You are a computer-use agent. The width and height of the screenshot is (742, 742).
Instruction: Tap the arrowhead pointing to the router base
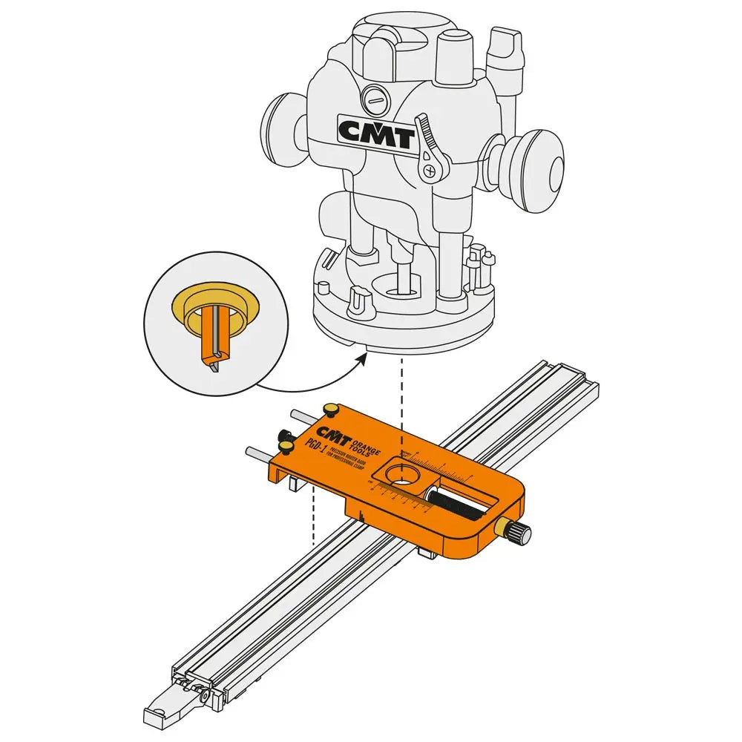[x=363, y=358]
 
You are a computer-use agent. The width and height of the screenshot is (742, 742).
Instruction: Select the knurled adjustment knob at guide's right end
[x=518, y=532]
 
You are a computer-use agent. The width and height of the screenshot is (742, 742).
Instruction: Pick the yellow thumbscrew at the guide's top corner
[x=329, y=410]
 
